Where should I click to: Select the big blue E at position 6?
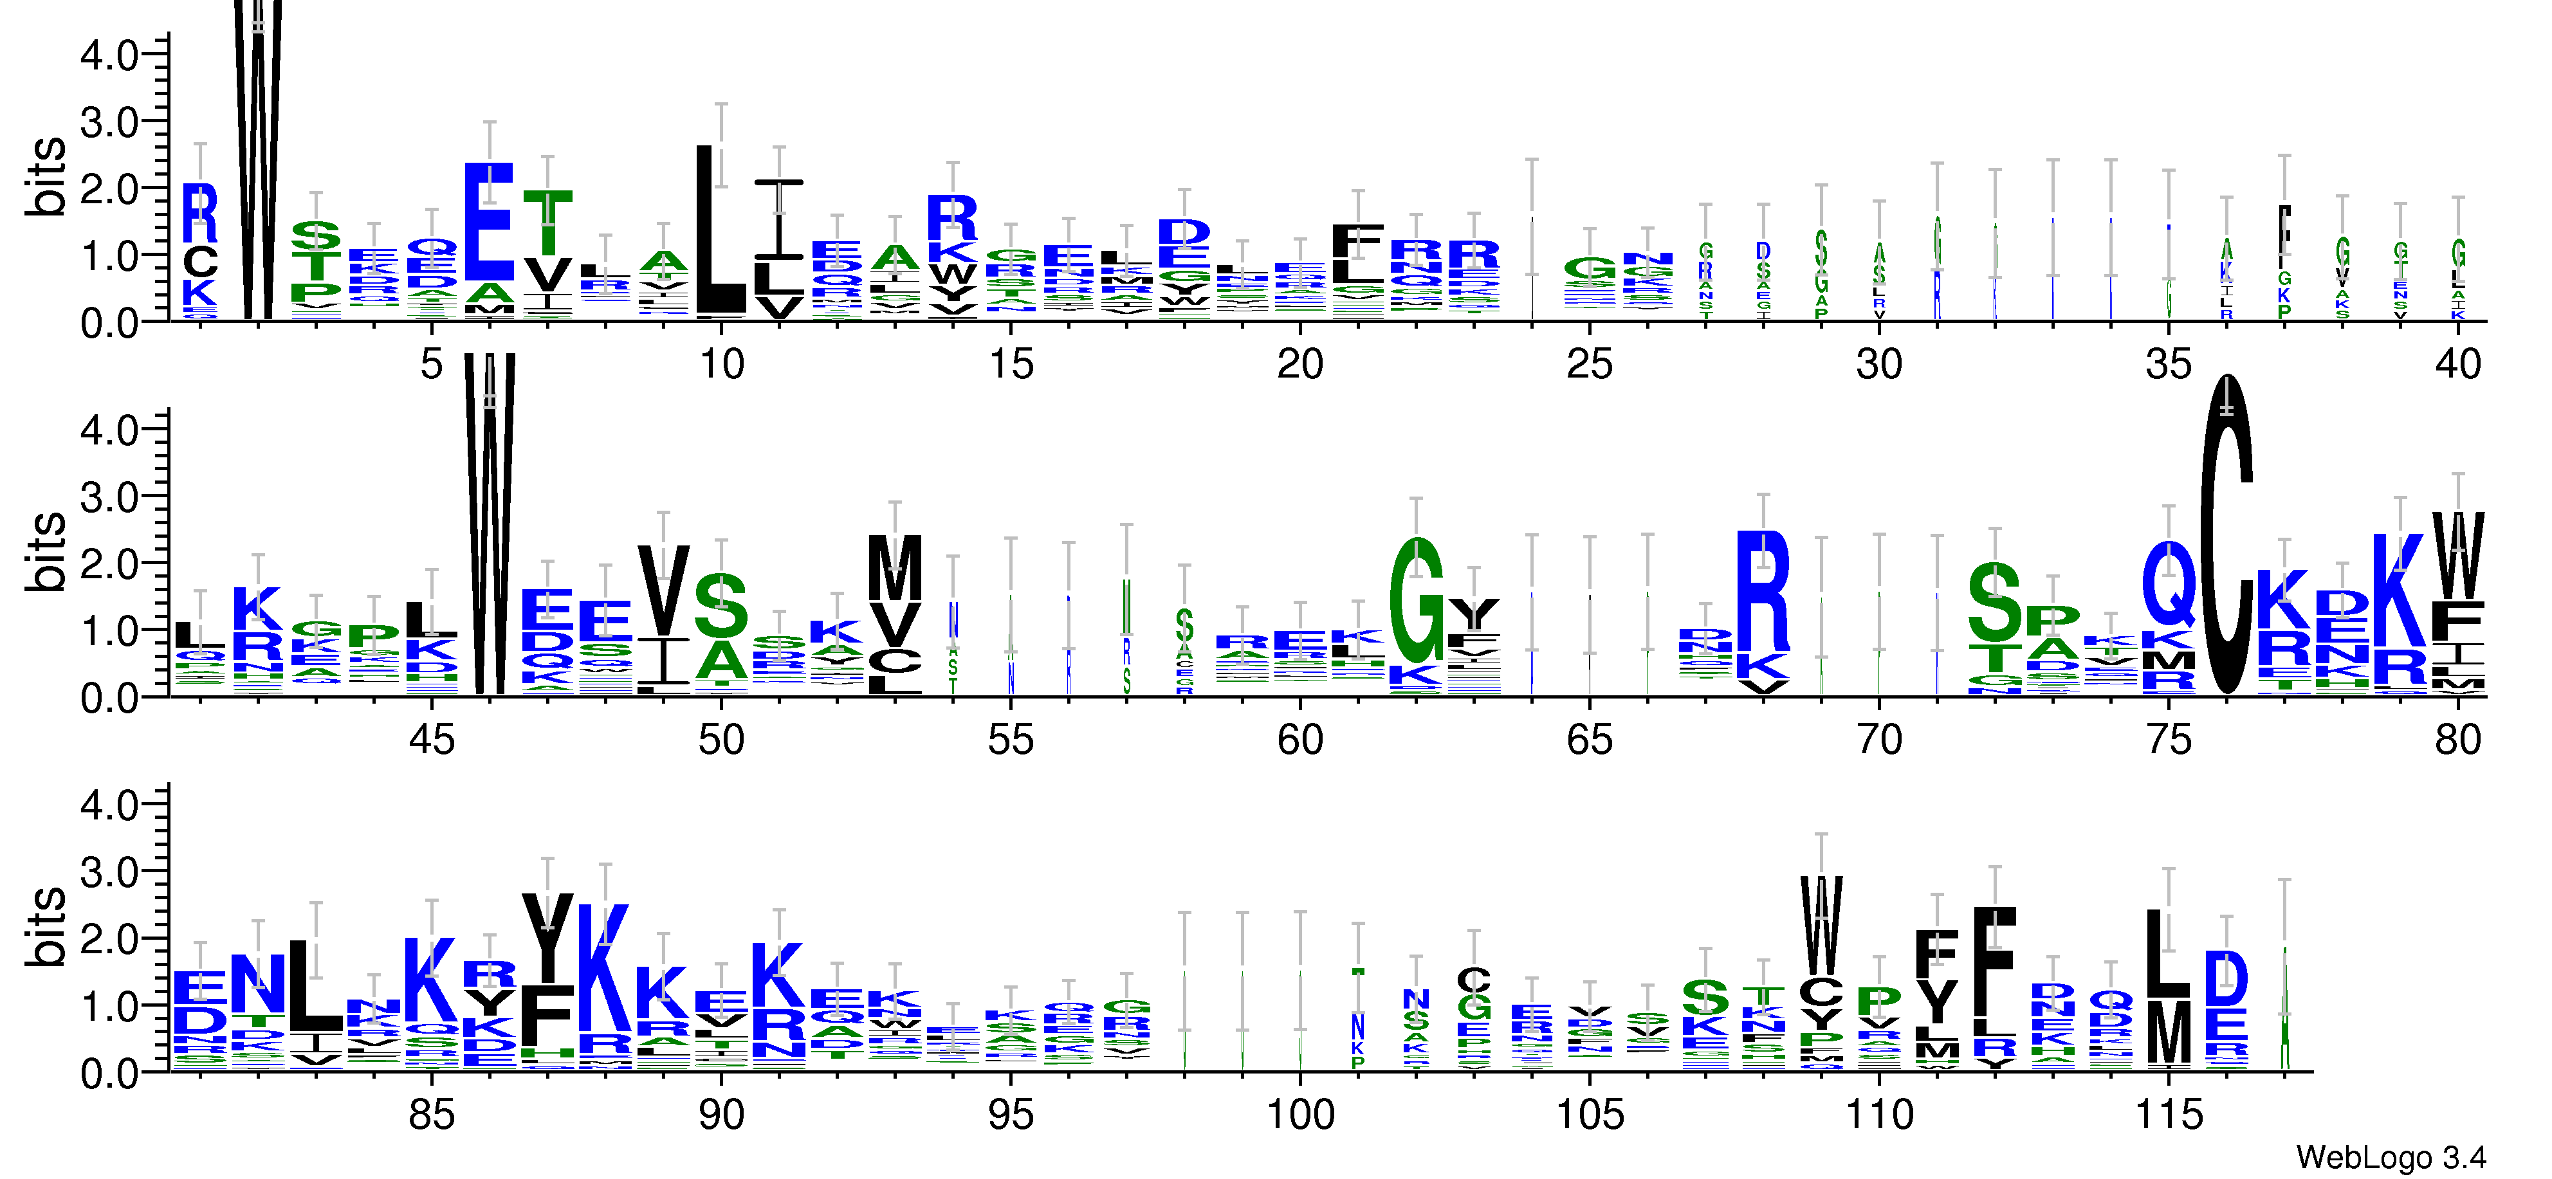tap(490, 223)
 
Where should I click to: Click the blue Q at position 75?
tap(2169, 585)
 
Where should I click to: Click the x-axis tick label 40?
tap(2457, 365)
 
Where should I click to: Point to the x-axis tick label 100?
tap(1299, 1115)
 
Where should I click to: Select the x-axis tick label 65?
tap(1589, 740)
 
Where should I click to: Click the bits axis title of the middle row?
tap(46, 552)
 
